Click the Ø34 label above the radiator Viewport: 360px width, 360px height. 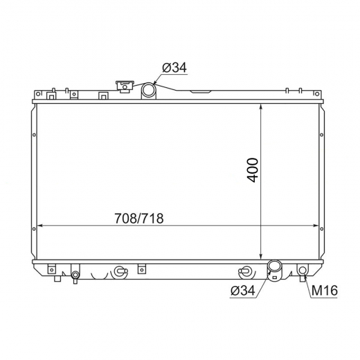[174, 68]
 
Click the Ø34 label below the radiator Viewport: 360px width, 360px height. [243, 290]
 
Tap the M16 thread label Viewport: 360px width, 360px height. [325, 290]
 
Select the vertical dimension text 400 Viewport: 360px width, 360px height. [253, 170]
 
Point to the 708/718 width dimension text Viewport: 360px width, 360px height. [139, 218]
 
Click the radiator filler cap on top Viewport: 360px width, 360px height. [125, 87]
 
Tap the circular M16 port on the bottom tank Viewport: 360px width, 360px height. [303, 269]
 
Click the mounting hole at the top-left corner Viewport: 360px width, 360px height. [38, 94]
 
